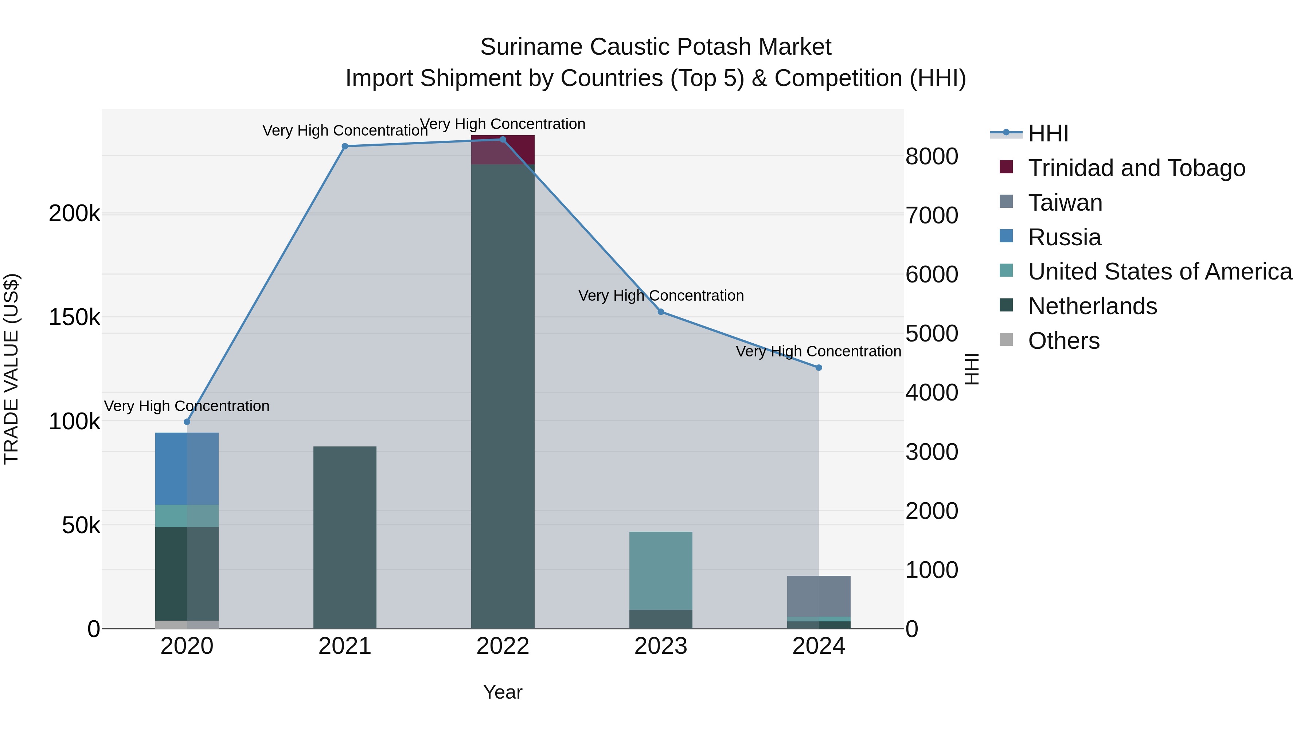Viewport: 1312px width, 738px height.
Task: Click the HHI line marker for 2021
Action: click(345, 146)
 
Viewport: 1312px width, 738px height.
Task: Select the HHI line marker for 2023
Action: click(661, 312)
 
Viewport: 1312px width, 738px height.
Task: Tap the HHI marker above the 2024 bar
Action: click(819, 368)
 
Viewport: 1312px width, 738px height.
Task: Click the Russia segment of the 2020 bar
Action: click(187, 469)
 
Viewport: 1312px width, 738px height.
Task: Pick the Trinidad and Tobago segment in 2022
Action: click(503, 150)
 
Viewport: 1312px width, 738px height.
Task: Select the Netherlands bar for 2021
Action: click(345, 537)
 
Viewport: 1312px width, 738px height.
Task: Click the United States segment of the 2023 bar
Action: click(661, 570)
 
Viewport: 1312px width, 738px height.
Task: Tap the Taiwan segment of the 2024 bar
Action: click(819, 596)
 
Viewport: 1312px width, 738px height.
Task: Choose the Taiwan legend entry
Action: click(1065, 203)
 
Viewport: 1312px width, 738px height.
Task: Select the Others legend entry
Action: click(1063, 341)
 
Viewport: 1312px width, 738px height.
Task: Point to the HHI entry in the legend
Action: click(1048, 133)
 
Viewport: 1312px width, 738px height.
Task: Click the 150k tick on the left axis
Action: click(74, 318)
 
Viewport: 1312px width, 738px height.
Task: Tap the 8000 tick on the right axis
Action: click(932, 156)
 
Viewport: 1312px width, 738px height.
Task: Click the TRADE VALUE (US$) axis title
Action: click(11, 369)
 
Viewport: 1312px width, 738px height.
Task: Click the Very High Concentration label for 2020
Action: click(187, 406)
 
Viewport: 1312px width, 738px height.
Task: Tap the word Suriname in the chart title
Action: click(532, 47)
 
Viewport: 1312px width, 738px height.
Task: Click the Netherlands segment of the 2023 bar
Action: click(661, 619)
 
